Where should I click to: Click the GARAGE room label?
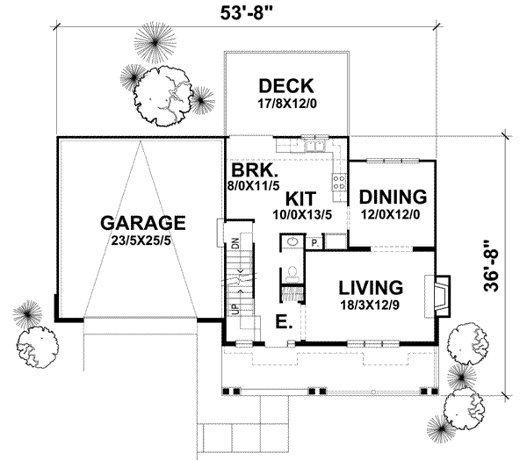pos(142,222)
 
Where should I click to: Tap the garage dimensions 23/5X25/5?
pos(142,240)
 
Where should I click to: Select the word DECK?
pos(285,86)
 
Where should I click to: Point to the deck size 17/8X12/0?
pos(285,103)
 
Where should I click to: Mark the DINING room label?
pos(393,196)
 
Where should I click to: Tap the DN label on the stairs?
pos(235,246)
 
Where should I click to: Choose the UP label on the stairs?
pos(235,309)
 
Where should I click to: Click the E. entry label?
pos(282,322)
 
